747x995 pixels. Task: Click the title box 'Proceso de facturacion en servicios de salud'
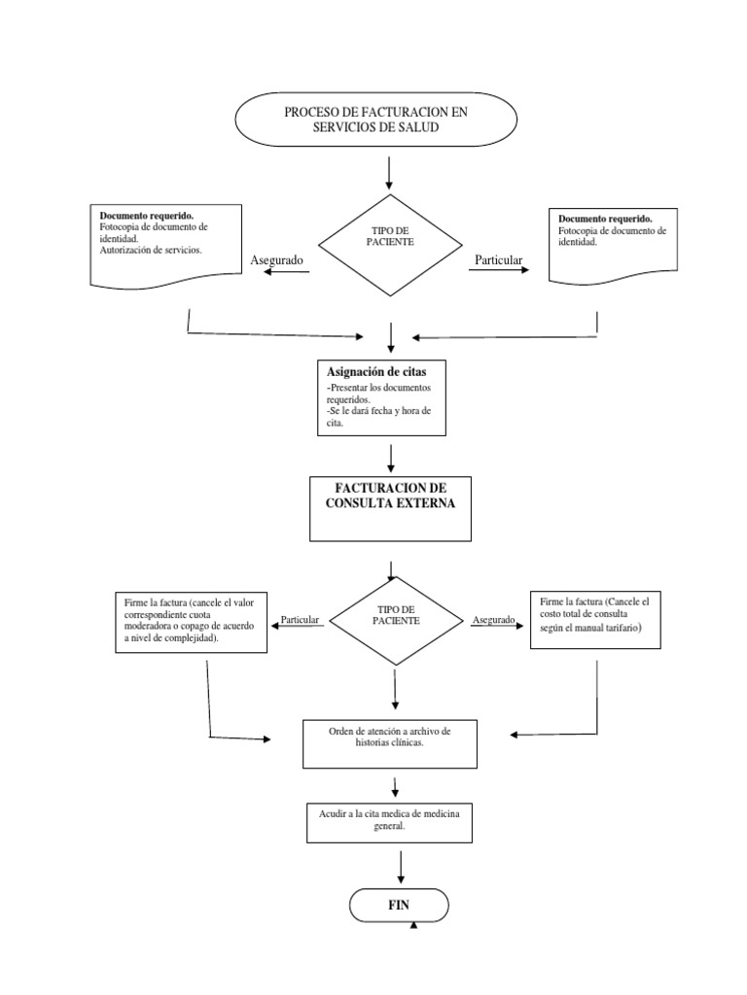pyautogui.click(x=375, y=120)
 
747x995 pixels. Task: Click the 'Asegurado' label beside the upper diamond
pyautogui.click(x=277, y=260)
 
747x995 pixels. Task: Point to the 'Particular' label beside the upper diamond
pyautogui.click(x=498, y=260)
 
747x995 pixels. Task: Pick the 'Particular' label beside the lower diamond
pyautogui.click(x=300, y=619)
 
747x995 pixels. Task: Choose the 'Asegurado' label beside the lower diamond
pyautogui.click(x=494, y=619)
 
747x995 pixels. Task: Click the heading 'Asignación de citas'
pyautogui.click(x=376, y=372)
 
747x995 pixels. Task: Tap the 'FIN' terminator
pyautogui.click(x=399, y=905)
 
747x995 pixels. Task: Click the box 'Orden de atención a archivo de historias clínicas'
pyautogui.click(x=390, y=743)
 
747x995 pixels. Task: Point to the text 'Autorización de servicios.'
pyautogui.click(x=151, y=250)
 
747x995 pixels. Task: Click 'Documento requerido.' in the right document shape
pyautogui.click(x=605, y=219)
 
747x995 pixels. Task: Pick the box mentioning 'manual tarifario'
pyautogui.click(x=594, y=621)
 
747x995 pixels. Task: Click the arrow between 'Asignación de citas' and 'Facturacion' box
pyautogui.click(x=390, y=456)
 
